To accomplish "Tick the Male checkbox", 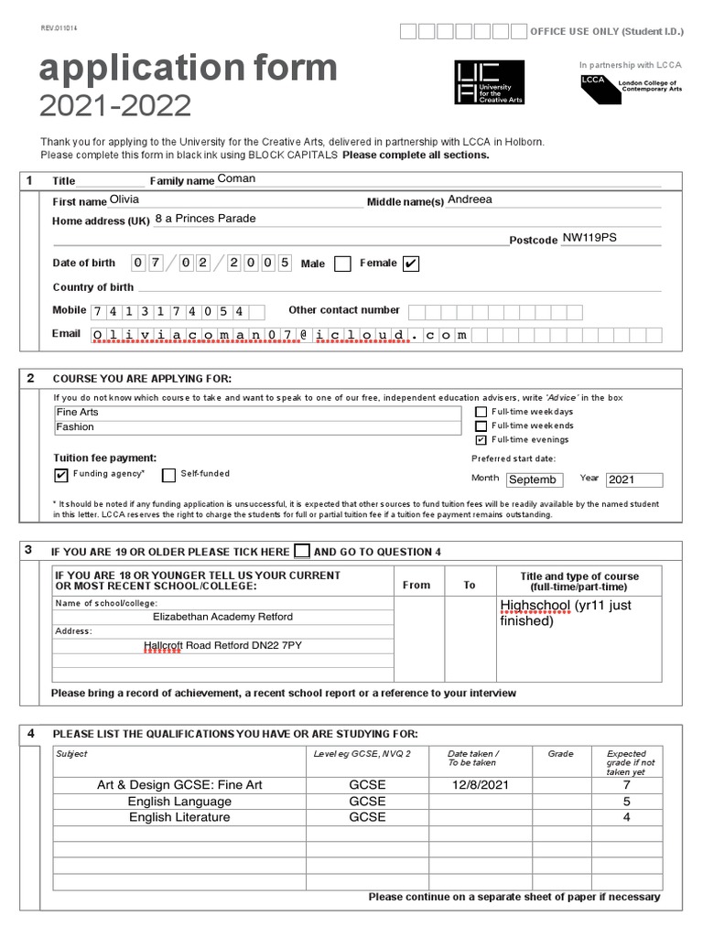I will (x=342, y=264).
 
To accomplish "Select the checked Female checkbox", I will (x=411, y=264).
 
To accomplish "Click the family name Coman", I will (x=236, y=179).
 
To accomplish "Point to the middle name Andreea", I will (x=470, y=199).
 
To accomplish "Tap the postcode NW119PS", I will (x=589, y=238).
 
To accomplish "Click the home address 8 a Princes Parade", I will (x=206, y=219).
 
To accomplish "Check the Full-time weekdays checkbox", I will (x=481, y=412).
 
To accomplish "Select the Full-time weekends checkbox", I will (x=481, y=425).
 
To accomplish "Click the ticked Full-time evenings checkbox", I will (x=481, y=439).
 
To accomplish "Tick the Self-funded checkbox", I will (x=168, y=475).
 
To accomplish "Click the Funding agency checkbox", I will (x=61, y=475).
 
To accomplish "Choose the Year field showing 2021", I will (x=633, y=479).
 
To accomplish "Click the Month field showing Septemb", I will (x=534, y=479).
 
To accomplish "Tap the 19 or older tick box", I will (x=302, y=552).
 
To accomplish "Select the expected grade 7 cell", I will (x=626, y=785).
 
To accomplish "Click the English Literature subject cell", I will (x=179, y=817).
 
